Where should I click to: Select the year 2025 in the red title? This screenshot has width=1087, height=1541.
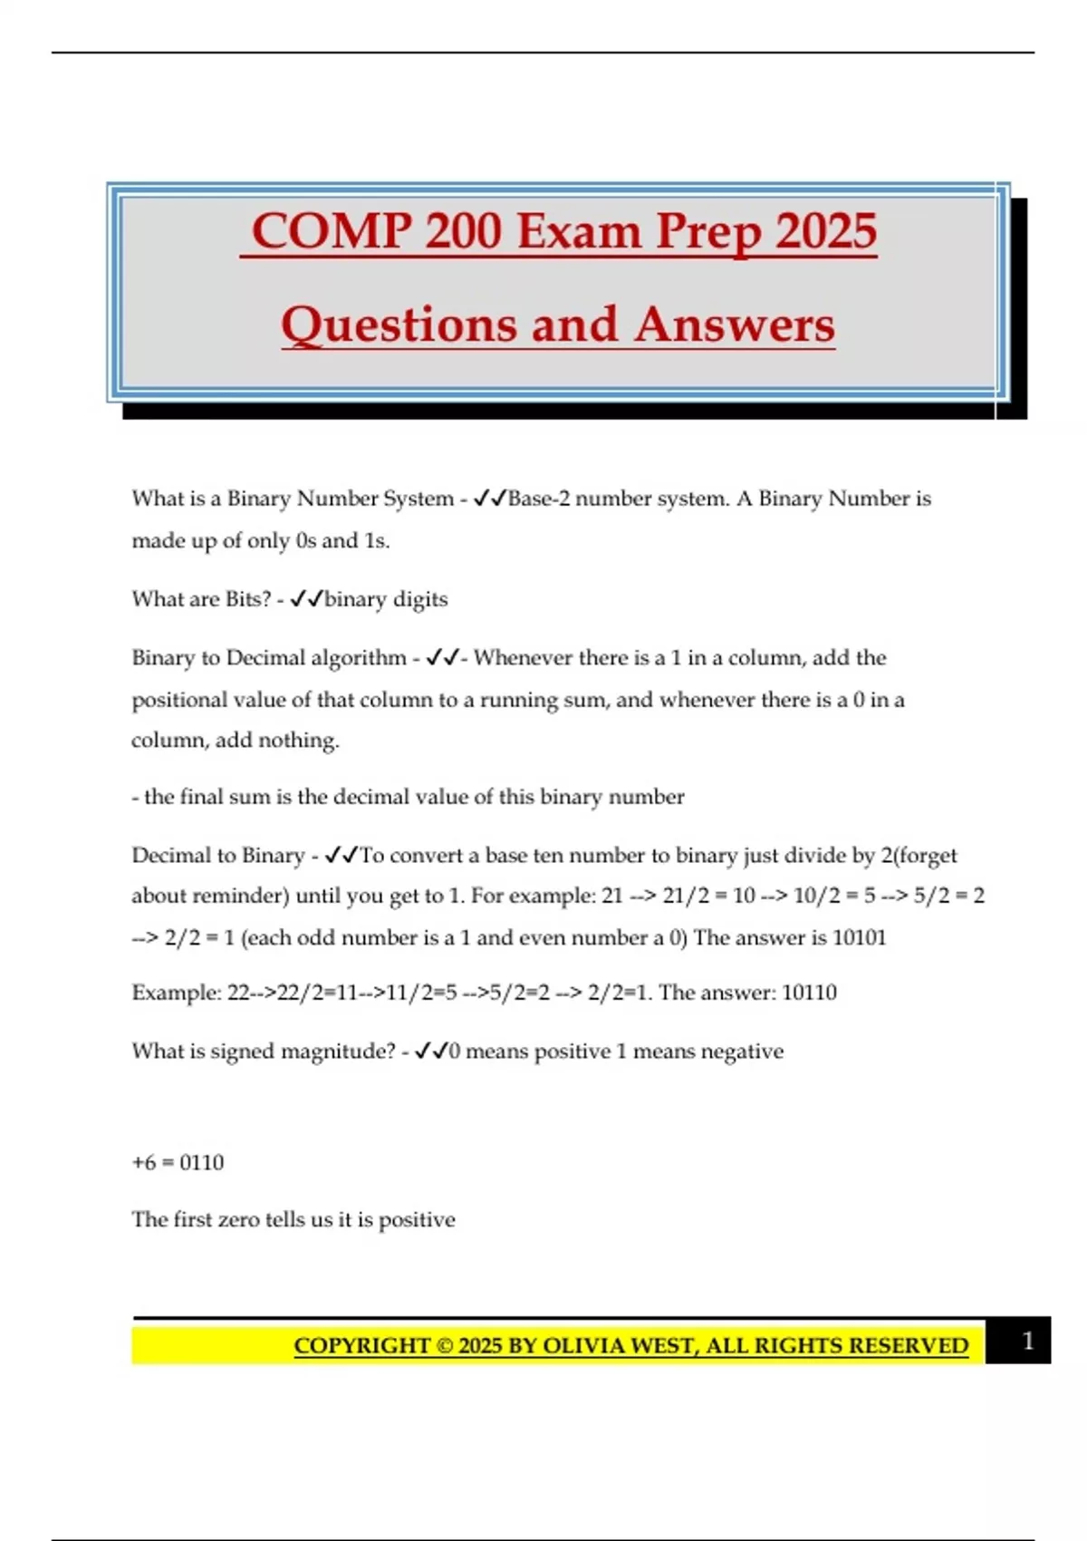pyautogui.click(x=826, y=231)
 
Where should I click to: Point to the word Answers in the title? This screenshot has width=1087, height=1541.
pyautogui.click(x=734, y=325)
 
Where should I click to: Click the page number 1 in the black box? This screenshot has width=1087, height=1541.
pyautogui.click(x=1027, y=1341)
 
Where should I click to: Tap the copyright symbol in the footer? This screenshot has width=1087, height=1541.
pyautogui.click(x=444, y=1345)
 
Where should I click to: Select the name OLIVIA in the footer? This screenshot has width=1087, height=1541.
pyautogui.click(x=583, y=1345)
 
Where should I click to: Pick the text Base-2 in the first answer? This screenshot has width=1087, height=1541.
pyautogui.click(x=539, y=499)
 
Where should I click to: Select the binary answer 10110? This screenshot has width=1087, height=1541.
pyautogui.click(x=809, y=993)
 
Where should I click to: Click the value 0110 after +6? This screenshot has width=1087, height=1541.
pyautogui.click(x=201, y=1162)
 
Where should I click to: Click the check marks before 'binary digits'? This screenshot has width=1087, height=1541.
pyautogui.click(x=306, y=599)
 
